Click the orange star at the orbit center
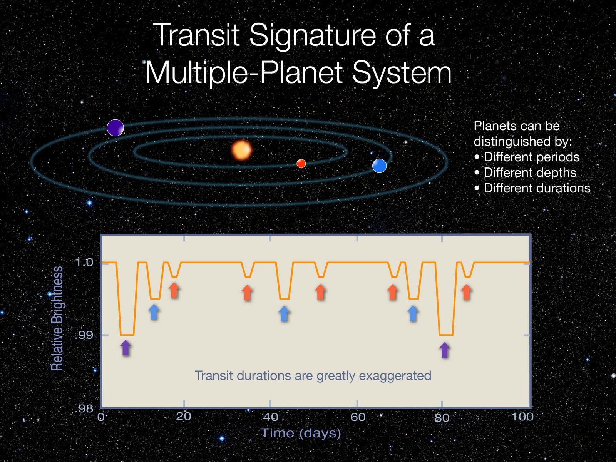click(x=242, y=150)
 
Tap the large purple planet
click(x=115, y=128)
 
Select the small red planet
click(x=301, y=164)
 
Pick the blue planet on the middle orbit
click(x=379, y=166)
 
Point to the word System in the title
click(x=402, y=73)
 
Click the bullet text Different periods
click(x=531, y=157)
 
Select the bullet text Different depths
click(x=530, y=172)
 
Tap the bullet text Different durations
click(x=537, y=188)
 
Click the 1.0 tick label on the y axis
click(x=84, y=263)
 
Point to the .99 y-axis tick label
click(x=84, y=335)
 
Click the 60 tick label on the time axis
click(x=358, y=417)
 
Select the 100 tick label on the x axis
click(x=522, y=417)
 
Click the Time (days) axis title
click(x=301, y=433)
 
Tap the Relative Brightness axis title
click(x=57, y=318)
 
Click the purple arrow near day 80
click(x=445, y=350)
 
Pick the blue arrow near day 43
click(x=284, y=314)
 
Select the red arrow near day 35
click(x=247, y=293)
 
